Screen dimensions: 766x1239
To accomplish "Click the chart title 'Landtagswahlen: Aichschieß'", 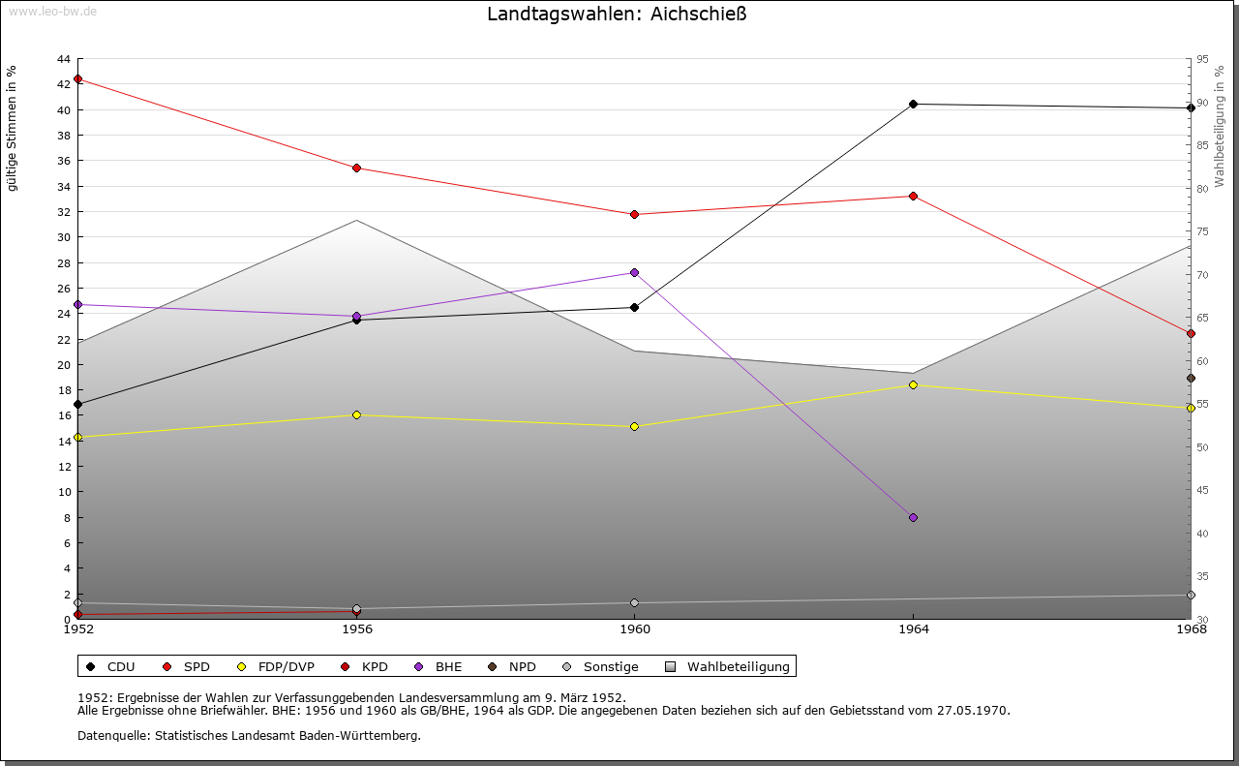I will tap(617, 15).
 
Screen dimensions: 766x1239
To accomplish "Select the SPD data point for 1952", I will tap(78, 79).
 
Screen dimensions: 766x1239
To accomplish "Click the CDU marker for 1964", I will tap(913, 104).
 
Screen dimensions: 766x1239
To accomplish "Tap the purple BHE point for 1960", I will tap(634, 273).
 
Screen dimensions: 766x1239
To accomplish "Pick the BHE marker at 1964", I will tap(913, 518).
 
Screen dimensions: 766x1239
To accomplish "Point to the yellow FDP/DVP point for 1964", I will tap(913, 385).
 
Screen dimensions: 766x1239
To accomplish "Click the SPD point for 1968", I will tap(1191, 334).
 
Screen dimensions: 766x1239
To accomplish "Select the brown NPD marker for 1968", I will tap(1191, 379).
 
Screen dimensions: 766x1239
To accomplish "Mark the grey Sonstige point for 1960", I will tap(634, 603).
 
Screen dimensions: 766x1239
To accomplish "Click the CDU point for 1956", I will tap(356, 320).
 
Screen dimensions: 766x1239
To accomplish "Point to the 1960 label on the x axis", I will tap(635, 629).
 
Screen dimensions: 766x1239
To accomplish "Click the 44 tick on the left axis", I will tap(64, 59).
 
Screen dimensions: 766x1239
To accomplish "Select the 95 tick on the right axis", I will tap(1202, 59).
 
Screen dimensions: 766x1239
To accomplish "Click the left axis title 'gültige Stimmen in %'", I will tap(13, 129).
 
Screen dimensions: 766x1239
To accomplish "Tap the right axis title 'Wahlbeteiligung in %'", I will tap(1220, 126).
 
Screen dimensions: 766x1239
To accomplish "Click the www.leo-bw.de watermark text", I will tap(51, 11).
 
